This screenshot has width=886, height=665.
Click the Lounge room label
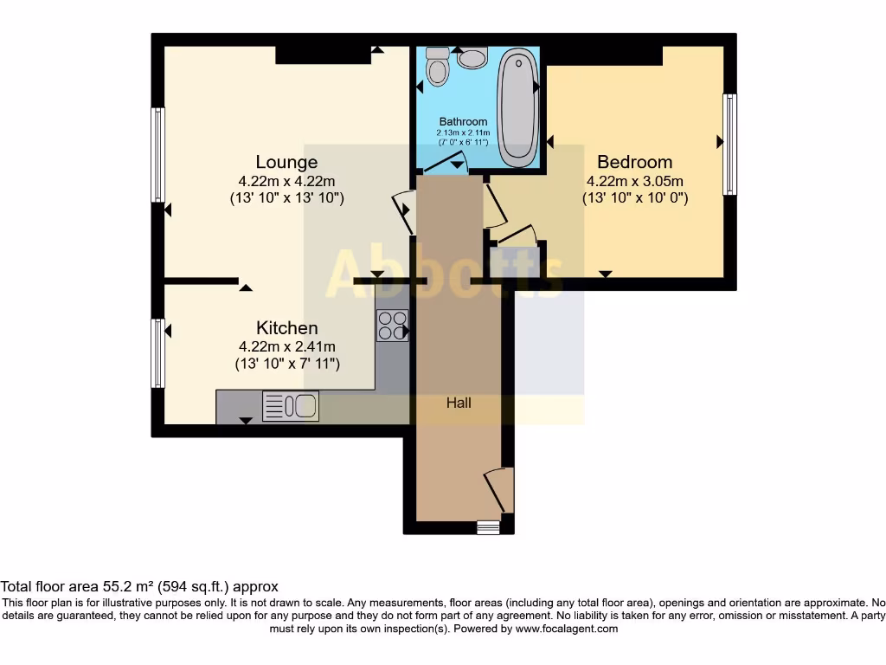point(286,162)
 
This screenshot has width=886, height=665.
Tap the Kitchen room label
point(286,328)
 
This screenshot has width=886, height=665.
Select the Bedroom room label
point(634,162)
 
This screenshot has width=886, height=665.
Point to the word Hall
point(459,403)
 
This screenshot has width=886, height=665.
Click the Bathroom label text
point(463,122)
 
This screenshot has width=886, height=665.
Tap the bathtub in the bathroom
point(517,107)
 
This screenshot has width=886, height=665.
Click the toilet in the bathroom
point(439,67)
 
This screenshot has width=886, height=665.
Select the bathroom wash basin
point(472,58)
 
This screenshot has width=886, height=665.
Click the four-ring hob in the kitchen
point(392,326)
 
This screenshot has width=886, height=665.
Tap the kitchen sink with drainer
point(291,406)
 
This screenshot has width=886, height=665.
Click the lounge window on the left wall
point(158,154)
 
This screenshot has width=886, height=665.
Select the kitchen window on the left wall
point(158,352)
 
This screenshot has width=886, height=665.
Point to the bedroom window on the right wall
point(729,144)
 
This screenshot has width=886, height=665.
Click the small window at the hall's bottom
point(488,527)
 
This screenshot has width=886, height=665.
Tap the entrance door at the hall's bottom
point(498,489)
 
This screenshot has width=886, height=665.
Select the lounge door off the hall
point(403,210)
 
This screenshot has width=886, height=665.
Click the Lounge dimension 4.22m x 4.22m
point(286,181)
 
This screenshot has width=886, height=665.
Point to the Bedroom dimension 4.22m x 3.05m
point(634,181)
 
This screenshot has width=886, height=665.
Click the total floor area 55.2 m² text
point(139,586)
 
